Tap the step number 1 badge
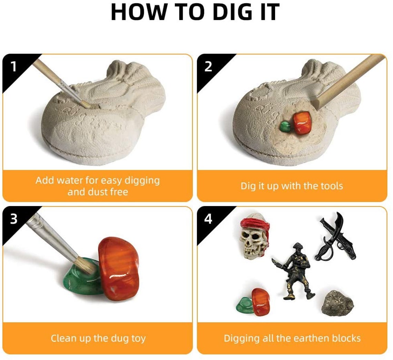coord(13,66)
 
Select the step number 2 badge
coord(208,66)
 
